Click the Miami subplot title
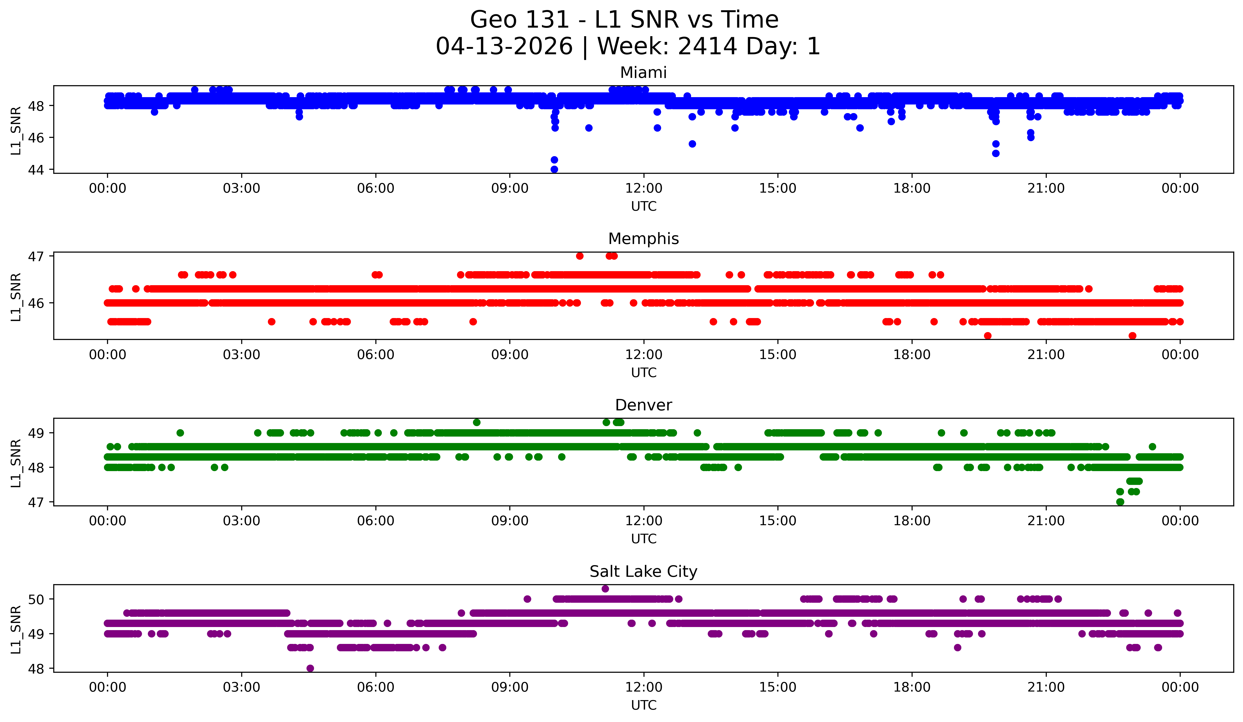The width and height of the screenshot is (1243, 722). coord(643,73)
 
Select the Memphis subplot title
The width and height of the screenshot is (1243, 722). coord(643,239)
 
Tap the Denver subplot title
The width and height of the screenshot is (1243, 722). coord(643,405)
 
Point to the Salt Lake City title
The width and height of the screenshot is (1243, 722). coord(643,572)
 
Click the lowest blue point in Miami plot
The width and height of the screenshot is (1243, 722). coord(554,169)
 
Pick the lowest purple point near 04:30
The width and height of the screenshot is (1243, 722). coord(310,668)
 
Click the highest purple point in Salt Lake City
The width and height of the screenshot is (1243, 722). coord(605,589)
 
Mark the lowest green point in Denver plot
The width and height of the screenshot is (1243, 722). coord(1120,502)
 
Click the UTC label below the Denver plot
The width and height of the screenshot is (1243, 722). coord(643,539)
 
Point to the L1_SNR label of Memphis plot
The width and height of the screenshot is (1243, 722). coord(16,297)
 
